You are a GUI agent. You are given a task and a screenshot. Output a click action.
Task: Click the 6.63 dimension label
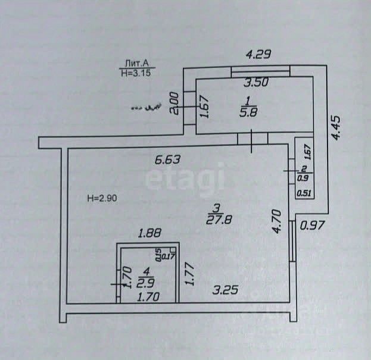pos(167,159)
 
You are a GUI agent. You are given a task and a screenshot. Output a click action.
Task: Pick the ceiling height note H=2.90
pos(106,198)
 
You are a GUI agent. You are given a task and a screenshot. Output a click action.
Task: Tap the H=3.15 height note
pos(135,73)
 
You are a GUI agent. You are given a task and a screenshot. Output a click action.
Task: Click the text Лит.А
pos(136,62)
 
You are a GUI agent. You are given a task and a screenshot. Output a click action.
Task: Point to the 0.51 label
pos(304,192)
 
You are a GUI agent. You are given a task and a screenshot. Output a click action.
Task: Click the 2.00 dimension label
pos(173,104)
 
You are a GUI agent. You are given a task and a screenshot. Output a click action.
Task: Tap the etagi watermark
pos(185,177)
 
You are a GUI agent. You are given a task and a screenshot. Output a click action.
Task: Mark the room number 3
pos(217,207)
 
